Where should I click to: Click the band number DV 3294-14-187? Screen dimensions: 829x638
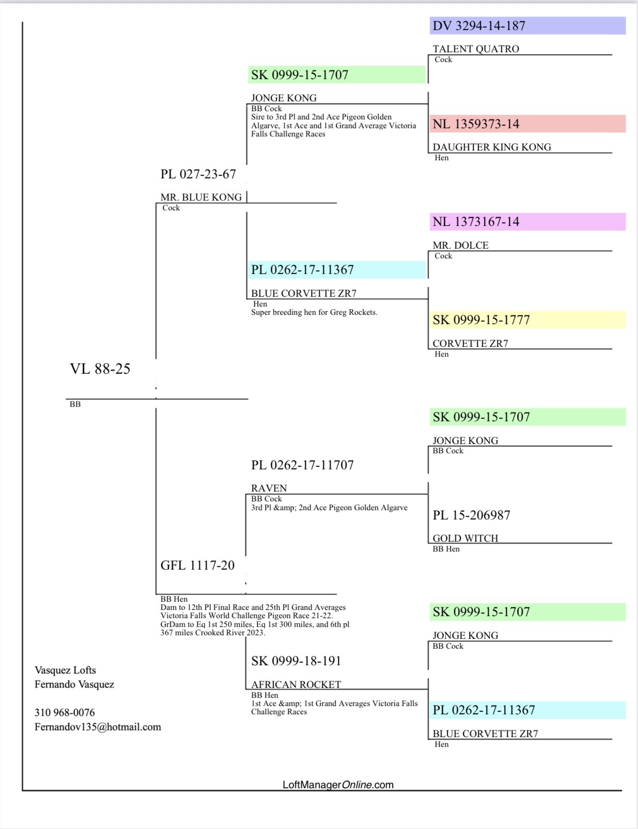pyautogui.click(x=479, y=26)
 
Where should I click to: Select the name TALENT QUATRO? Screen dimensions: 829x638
pyautogui.click(x=476, y=49)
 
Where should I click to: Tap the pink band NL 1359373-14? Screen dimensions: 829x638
pyautogui.click(x=476, y=124)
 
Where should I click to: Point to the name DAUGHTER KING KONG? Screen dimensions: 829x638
pyautogui.click(x=492, y=147)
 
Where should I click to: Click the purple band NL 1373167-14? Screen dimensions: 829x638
pyautogui.click(x=476, y=222)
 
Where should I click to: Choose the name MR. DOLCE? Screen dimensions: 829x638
pyautogui.click(x=460, y=245)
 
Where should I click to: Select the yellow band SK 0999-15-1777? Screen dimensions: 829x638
pyautogui.click(x=481, y=320)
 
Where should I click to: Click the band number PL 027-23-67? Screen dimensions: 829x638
pyautogui.click(x=198, y=174)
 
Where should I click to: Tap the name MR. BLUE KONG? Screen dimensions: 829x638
pyautogui.click(x=201, y=197)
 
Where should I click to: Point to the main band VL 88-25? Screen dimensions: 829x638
pyautogui.click(x=100, y=369)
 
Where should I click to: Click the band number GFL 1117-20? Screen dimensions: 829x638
pyautogui.click(x=197, y=565)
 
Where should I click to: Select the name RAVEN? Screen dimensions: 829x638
pyautogui.click(x=269, y=488)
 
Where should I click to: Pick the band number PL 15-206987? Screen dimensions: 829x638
pyautogui.click(x=471, y=515)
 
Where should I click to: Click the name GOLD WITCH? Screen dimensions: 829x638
pyautogui.click(x=465, y=539)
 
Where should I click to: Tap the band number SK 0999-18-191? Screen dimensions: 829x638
pyautogui.click(x=296, y=661)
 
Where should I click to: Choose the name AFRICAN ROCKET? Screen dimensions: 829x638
pyautogui.click(x=296, y=685)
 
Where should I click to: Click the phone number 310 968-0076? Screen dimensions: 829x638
pyautogui.click(x=65, y=713)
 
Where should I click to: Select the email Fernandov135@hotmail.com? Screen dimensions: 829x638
pyautogui.click(x=98, y=727)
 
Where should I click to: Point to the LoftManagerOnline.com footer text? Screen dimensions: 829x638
pyautogui.click(x=338, y=785)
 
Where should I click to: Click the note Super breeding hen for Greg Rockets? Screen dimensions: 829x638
pyautogui.click(x=314, y=313)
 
